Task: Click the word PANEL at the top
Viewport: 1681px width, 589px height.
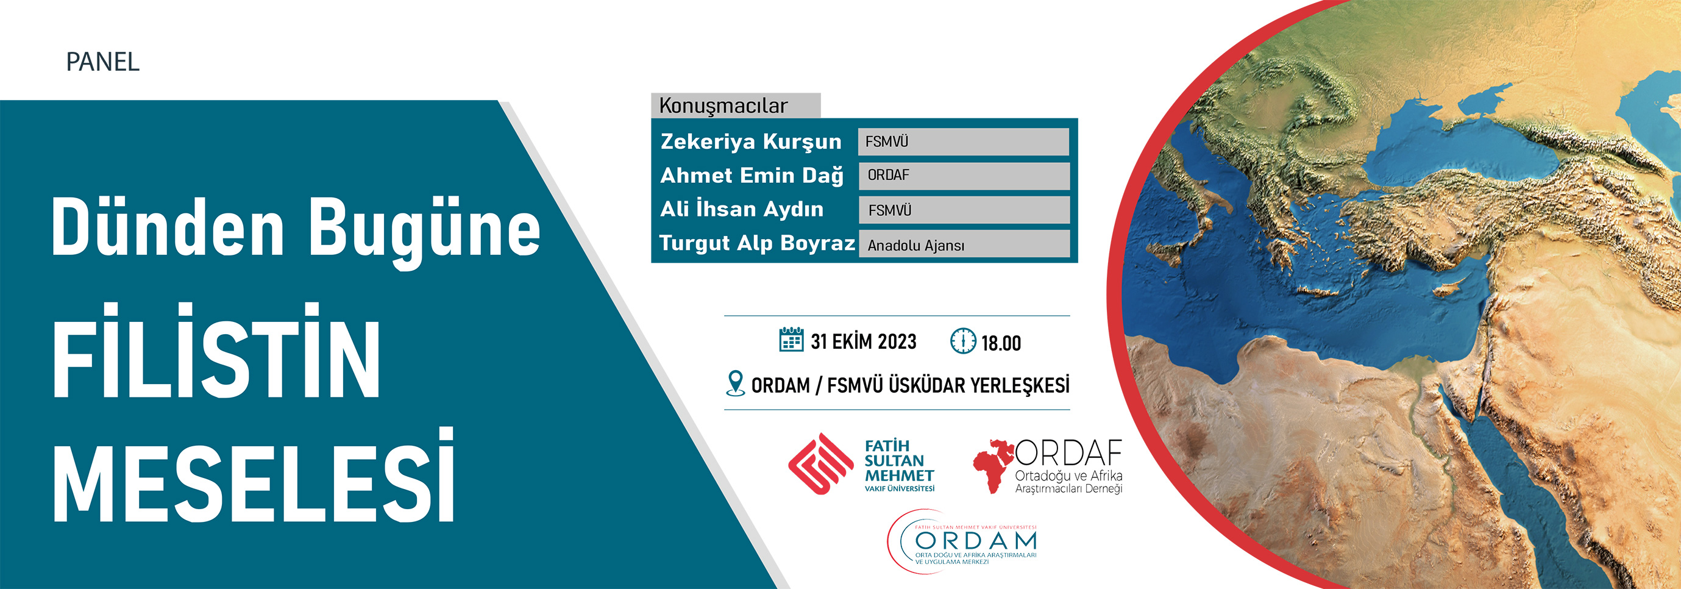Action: pyautogui.click(x=102, y=62)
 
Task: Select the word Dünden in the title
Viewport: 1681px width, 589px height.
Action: pyautogui.click(x=168, y=226)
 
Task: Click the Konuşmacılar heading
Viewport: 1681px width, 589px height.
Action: pyautogui.click(x=723, y=105)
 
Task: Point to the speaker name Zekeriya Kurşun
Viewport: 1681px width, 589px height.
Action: pyautogui.click(x=750, y=141)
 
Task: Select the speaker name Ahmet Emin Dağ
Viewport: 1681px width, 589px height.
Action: pyautogui.click(x=752, y=176)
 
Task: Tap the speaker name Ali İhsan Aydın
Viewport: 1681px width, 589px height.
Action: pyautogui.click(x=741, y=209)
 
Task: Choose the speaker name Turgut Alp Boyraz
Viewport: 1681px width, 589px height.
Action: pyautogui.click(x=757, y=243)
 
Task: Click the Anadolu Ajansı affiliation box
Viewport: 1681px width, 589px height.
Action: pyautogui.click(x=964, y=245)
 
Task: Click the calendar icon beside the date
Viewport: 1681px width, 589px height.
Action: pyautogui.click(x=792, y=340)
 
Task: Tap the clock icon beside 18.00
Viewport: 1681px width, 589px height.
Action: pyautogui.click(x=963, y=341)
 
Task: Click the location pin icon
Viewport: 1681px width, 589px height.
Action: pyautogui.click(x=736, y=384)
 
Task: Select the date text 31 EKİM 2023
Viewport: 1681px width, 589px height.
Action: pyautogui.click(x=863, y=341)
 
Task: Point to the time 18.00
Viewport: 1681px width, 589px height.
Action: pyautogui.click(x=1001, y=343)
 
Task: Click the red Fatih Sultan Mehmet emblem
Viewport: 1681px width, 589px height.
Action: pyautogui.click(x=820, y=463)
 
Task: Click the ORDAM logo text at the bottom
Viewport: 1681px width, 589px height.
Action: pyautogui.click(x=976, y=541)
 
